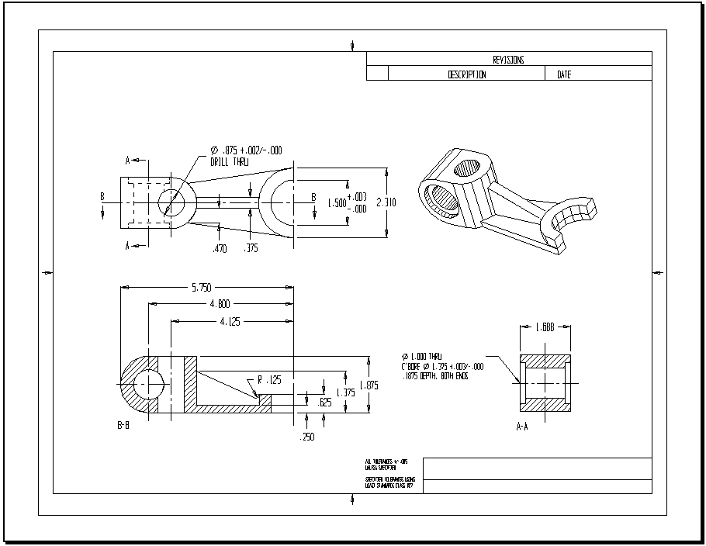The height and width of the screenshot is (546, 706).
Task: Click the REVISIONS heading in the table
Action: click(x=508, y=59)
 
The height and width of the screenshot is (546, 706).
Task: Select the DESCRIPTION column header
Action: click(x=467, y=74)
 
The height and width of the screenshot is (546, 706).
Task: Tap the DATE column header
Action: click(x=563, y=74)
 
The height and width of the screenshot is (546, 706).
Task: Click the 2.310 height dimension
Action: click(x=386, y=202)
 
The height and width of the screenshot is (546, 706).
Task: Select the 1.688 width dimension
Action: click(x=545, y=327)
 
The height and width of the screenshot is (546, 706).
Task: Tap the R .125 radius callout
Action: click(x=268, y=380)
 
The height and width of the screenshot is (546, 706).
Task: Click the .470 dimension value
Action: click(x=220, y=249)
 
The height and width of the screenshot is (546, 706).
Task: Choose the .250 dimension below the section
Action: click(x=308, y=437)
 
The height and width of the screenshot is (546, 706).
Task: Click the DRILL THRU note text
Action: click(x=230, y=161)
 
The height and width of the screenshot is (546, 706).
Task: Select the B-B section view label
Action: click(x=123, y=426)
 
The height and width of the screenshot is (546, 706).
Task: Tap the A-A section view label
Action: click(x=525, y=426)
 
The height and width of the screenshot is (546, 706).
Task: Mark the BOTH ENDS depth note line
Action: click(x=439, y=376)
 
